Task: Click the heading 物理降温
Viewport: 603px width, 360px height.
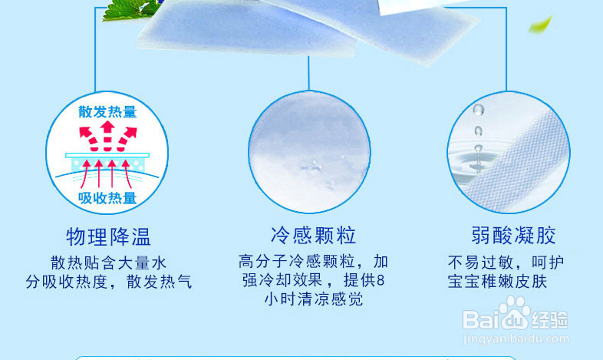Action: [108, 236]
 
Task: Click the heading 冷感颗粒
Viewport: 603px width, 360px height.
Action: [314, 236]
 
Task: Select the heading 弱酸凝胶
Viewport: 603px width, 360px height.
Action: [514, 236]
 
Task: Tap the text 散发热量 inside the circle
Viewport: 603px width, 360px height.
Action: [107, 112]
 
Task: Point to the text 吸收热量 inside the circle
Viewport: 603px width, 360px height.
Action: [107, 198]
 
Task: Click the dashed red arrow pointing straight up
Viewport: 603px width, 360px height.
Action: [107, 136]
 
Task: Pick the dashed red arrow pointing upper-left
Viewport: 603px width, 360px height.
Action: [89, 138]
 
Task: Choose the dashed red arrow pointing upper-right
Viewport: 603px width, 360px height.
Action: [127, 138]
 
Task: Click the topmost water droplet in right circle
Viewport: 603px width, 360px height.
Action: [479, 110]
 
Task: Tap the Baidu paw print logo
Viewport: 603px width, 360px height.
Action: [514, 312]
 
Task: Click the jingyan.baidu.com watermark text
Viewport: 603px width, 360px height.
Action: [516, 339]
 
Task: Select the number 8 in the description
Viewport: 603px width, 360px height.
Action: [381, 280]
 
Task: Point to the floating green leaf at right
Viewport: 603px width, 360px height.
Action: [541, 25]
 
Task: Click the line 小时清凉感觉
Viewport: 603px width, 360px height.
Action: [314, 299]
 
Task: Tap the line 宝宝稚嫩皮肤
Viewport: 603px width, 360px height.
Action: [497, 281]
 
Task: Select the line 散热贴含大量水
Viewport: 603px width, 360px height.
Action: [108, 263]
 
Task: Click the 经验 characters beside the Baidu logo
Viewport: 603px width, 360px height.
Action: [550, 320]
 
